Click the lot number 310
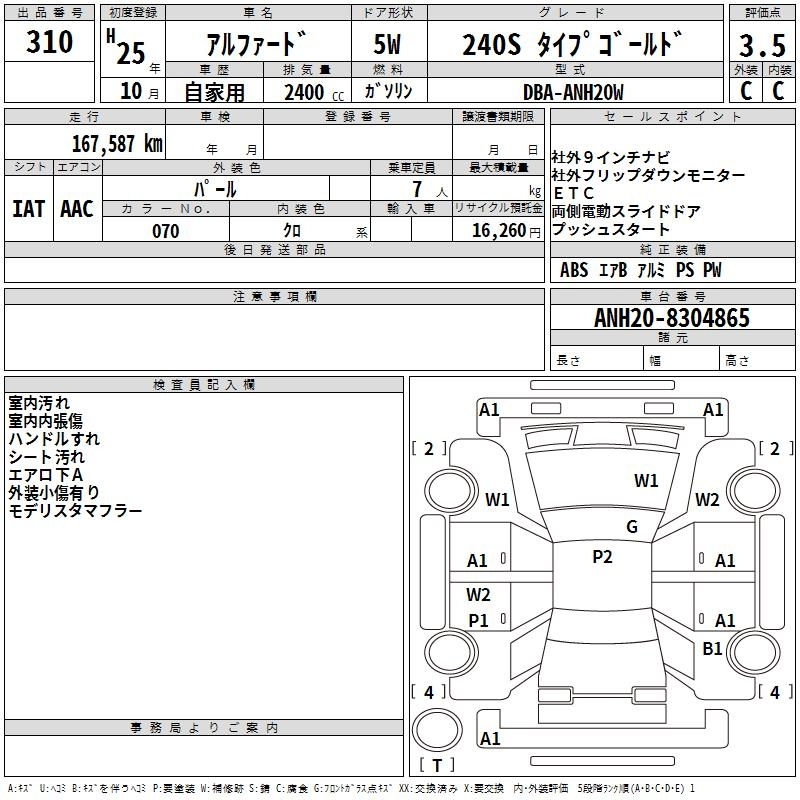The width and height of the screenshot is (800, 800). pyautogui.click(x=49, y=42)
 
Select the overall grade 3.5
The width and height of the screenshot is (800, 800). pyautogui.click(x=762, y=45)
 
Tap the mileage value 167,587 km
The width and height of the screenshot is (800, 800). pyautogui.click(x=117, y=144)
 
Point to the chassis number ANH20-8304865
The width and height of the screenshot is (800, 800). pyautogui.click(x=672, y=318)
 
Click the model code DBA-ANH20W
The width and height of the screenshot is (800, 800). pyautogui.click(x=573, y=92)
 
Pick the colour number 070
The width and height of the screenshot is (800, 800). pyautogui.click(x=166, y=231)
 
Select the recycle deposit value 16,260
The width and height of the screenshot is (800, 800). pyautogui.click(x=499, y=231)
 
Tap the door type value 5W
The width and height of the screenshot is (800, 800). pyautogui.click(x=387, y=44)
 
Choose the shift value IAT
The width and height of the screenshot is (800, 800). pyautogui.click(x=29, y=209)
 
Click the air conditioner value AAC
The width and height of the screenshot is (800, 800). pyautogui.click(x=77, y=209)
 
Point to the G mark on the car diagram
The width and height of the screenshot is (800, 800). pyautogui.click(x=632, y=527)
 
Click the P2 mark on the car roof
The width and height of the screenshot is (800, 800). pyautogui.click(x=602, y=557)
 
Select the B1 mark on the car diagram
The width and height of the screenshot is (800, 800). pyautogui.click(x=712, y=648)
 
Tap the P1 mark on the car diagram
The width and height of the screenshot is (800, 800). pyautogui.click(x=478, y=620)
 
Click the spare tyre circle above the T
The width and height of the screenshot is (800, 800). pyautogui.click(x=437, y=730)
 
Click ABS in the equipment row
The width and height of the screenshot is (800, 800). pyautogui.click(x=574, y=270)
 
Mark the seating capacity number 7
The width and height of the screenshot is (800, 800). pyautogui.click(x=417, y=189)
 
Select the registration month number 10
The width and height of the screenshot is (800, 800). pyautogui.click(x=131, y=91)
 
